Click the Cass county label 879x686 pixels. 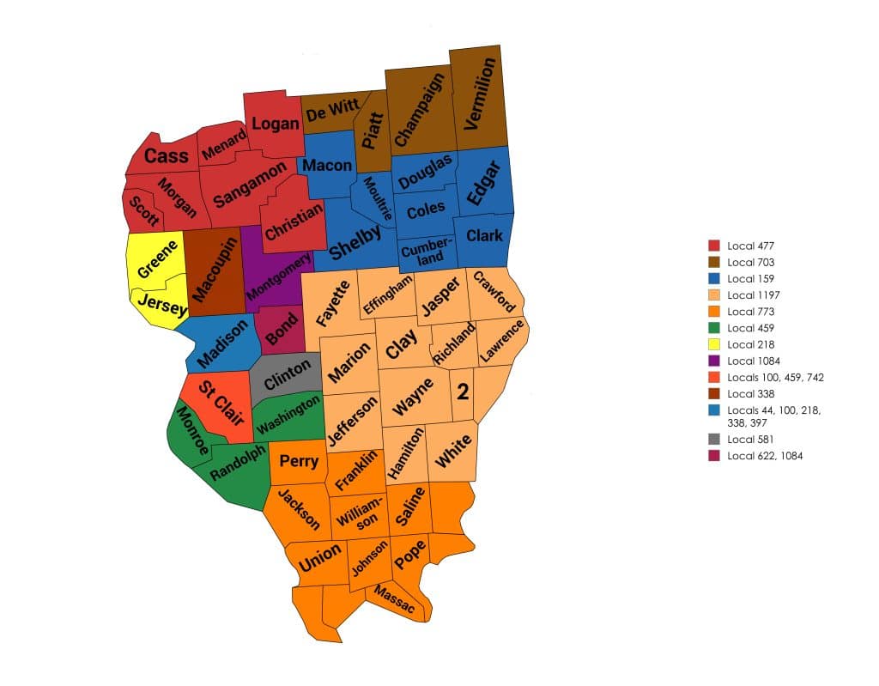click(166, 155)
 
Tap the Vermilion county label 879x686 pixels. click(478, 93)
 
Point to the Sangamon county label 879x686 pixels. click(250, 184)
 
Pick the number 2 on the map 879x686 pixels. click(463, 392)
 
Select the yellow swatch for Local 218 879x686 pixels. click(713, 344)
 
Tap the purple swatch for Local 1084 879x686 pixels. click(713, 361)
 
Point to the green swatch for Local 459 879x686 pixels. click(713, 328)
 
